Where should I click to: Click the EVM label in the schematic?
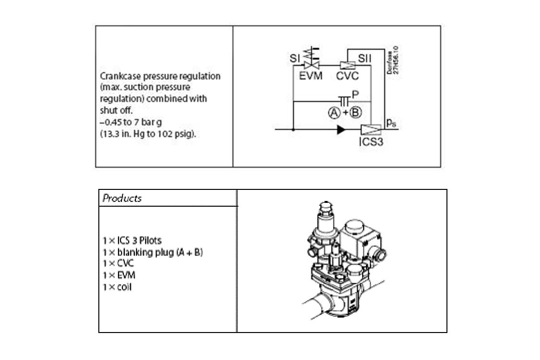[x=310, y=75]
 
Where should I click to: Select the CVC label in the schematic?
[x=347, y=76]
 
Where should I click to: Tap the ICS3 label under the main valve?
[x=371, y=142]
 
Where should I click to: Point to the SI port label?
[x=295, y=58]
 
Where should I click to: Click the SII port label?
[x=364, y=58]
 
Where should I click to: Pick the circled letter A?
[x=334, y=113]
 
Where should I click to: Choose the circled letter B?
[x=356, y=113]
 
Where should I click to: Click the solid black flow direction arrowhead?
[x=341, y=130]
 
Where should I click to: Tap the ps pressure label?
[x=391, y=123]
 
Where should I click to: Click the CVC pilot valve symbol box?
[x=347, y=65]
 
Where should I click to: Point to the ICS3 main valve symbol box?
[x=371, y=130]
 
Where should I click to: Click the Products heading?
[x=122, y=198]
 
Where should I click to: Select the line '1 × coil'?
[x=117, y=287]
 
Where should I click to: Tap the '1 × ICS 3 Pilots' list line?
[x=132, y=240]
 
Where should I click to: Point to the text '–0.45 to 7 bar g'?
[x=131, y=122]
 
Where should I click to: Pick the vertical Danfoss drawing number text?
[x=392, y=60]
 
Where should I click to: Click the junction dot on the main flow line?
[x=293, y=130]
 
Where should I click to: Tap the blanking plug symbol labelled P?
[x=344, y=101]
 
